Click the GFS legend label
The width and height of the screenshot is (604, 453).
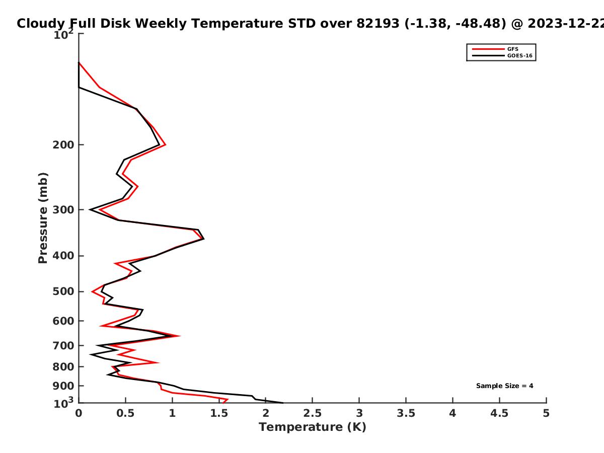pos(512,49)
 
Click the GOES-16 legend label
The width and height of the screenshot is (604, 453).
pos(520,56)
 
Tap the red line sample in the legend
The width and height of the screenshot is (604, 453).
pos(488,49)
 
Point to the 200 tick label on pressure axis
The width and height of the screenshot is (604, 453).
pos(63,145)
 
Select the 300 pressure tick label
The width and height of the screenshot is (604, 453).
pos(63,210)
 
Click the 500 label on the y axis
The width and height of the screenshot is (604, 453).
pos(63,291)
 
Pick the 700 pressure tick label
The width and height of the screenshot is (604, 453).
pos(63,346)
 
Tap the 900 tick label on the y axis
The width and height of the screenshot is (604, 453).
pos(63,386)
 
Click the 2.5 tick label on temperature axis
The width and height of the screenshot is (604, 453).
pos(313,413)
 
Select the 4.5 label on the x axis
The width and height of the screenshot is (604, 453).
pos(499,413)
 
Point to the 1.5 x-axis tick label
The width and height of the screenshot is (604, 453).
pos(219,413)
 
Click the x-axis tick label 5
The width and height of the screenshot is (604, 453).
pos(546,413)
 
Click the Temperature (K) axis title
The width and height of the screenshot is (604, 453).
pos(313,427)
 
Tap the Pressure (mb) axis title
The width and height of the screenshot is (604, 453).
pos(43,218)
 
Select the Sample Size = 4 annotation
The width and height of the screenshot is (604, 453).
pos(505,386)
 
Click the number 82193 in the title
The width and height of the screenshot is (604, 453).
pos(378,24)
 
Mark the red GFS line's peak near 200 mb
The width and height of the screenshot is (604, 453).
pos(166,144)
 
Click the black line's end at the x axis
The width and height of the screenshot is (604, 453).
pos(283,403)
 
